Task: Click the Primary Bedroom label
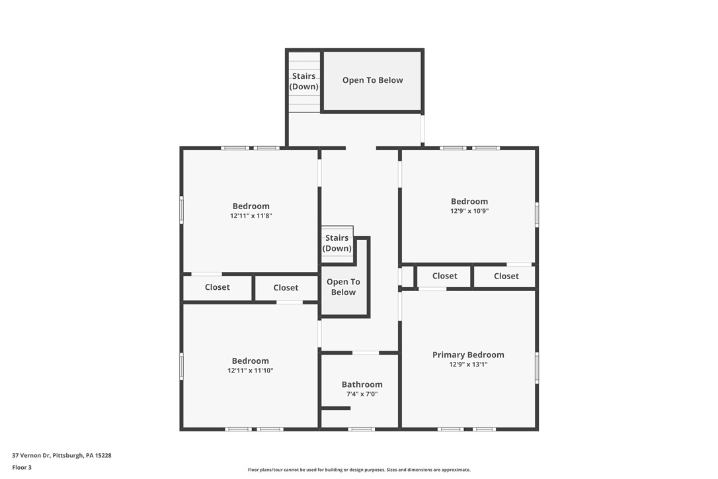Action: coord(468,355)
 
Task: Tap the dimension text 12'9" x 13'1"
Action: coord(468,365)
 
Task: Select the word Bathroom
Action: coord(362,384)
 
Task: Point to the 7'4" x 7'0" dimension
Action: coord(362,394)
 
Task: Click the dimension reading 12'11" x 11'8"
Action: coord(251,216)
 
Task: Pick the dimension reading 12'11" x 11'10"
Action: coord(250,370)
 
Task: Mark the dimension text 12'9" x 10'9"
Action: coord(469,211)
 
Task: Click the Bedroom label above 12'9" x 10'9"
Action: coord(469,201)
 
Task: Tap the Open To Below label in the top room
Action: coord(372,80)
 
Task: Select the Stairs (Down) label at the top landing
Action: coord(303,81)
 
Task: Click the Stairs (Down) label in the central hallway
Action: coord(337,243)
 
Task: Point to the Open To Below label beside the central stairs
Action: coord(343,287)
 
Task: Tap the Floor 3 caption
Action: coord(22,467)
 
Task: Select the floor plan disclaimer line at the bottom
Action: coord(359,470)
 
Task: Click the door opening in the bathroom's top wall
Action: coord(365,353)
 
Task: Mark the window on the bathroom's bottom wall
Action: coord(361,429)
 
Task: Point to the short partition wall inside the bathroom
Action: coord(336,408)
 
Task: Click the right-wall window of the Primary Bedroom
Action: coord(537,368)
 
